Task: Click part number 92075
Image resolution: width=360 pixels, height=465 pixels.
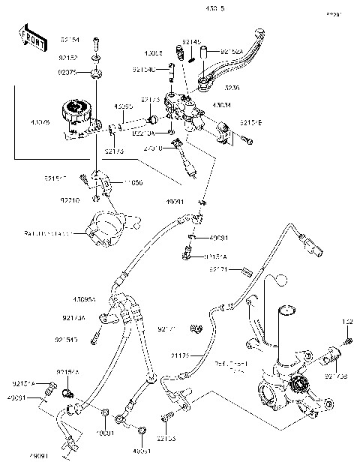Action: [68, 73]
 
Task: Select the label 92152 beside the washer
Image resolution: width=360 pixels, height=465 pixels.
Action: [68, 57]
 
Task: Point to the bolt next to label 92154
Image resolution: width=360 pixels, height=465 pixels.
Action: [97, 42]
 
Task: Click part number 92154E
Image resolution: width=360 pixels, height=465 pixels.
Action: [250, 121]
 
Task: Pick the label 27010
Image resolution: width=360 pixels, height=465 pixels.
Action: [154, 150]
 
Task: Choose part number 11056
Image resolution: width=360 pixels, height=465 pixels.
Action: [133, 182]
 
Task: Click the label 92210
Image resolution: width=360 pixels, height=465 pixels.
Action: [70, 201]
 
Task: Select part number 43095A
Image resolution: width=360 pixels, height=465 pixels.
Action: [84, 298]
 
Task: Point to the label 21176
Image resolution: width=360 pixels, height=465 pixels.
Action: [181, 354]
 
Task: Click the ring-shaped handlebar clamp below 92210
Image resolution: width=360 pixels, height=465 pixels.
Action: [105, 229]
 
